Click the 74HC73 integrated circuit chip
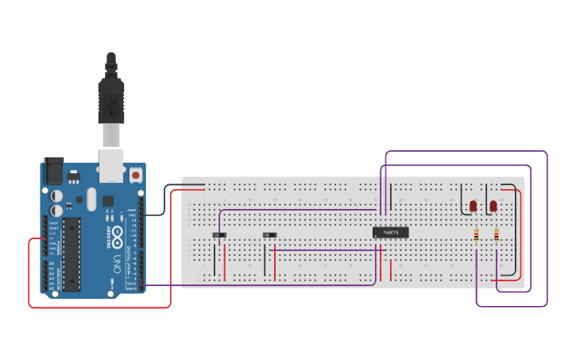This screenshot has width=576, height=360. (x=390, y=232)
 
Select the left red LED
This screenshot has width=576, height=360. (x=474, y=206)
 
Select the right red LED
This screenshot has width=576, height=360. (x=493, y=206)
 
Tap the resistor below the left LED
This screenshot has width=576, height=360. (x=476, y=234)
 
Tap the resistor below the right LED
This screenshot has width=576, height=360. (x=497, y=234)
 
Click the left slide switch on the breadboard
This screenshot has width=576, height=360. (x=220, y=235)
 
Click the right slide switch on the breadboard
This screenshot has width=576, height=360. (x=269, y=235)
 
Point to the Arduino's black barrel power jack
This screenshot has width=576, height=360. (x=53, y=170)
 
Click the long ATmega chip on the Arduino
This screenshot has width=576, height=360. (x=72, y=254)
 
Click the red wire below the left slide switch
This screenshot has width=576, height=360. (x=225, y=262)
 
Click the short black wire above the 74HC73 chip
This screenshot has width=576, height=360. (x=390, y=196)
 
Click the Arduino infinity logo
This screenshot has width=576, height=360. (x=118, y=235)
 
